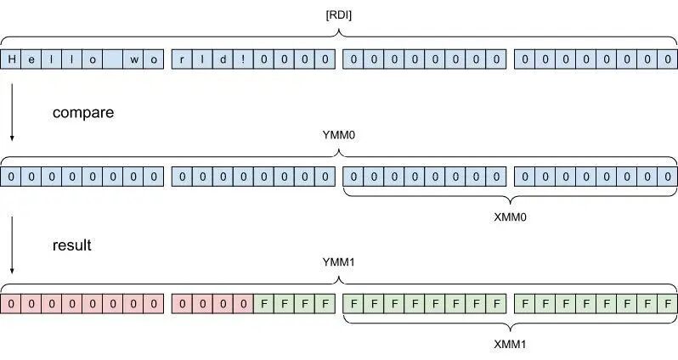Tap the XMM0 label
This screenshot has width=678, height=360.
(x=510, y=217)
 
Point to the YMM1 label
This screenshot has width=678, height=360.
(x=340, y=262)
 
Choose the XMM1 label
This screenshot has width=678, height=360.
(x=510, y=346)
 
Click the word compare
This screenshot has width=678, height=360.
(x=83, y=112)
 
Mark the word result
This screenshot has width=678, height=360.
(x=71, y=245)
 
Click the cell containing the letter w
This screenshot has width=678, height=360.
(x=134, y=59)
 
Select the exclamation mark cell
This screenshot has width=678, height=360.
(x=243, y=59)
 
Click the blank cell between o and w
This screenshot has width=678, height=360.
(x=114, y=59)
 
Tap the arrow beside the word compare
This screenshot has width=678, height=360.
(x=12, y=110)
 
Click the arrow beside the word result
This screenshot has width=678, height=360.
(x=12, y=246)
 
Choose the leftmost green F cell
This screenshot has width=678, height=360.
(x=263, y=303)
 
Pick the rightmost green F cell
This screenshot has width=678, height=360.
(x=668, y=303)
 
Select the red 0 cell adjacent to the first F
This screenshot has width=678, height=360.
(x=243, y=303)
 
